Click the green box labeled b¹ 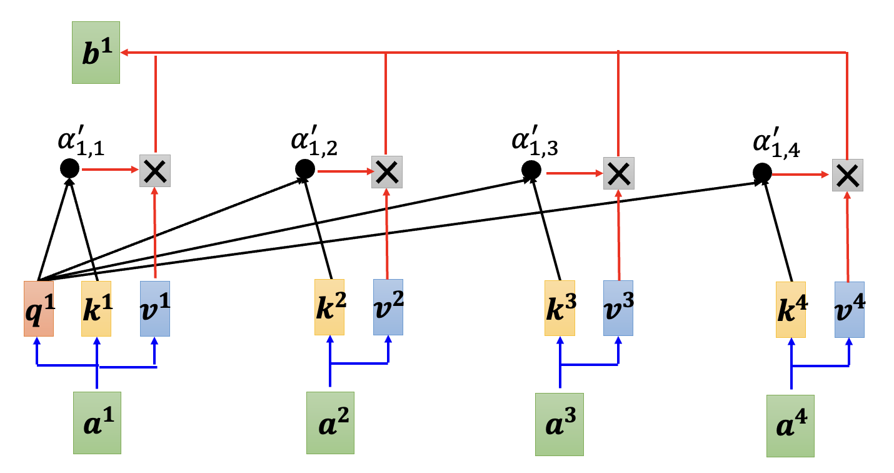click(x=96, y=53)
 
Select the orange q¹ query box click(x=38, y=309)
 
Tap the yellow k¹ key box click(x=96, y=309)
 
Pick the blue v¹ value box click(x=155, y=309)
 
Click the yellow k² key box click(x=329, y=308)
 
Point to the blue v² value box click(x=388, y=308)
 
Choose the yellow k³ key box click(x=560, y=308)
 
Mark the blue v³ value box click(x=618, y=308)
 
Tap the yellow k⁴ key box click(x=791, y=310)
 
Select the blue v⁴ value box click(x=850, y=310)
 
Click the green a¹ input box click(x=97, y=422)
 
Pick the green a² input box click(x=330, y=422)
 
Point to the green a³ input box click(x=560, y=424)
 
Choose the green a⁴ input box click(x=791, y=425)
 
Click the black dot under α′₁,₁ click(x=69, y=168)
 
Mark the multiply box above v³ click(x=618, y=173)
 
